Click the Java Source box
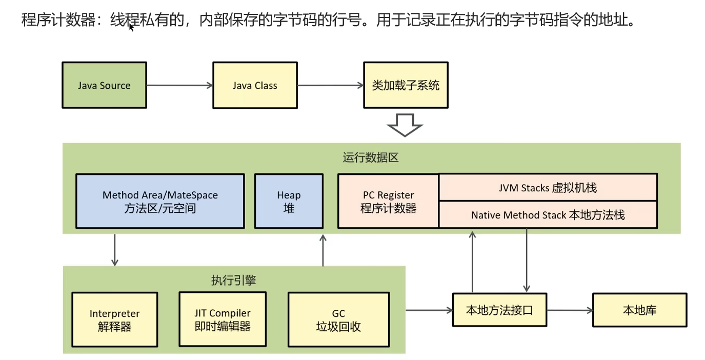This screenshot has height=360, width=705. [104, 85]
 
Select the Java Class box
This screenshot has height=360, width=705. [255, 85]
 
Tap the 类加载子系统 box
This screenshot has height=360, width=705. [406, 85]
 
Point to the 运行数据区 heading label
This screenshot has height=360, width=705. [371, 157]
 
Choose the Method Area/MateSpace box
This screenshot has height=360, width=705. [160, 201]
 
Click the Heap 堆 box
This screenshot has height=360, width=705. [289, 201]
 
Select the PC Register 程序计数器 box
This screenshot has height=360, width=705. [388, 201]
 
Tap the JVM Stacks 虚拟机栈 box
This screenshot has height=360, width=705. [548, 187]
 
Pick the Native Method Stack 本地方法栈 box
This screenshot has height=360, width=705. [548, 214]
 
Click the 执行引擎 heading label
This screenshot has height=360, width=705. [233, 280]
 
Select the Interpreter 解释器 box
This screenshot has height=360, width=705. [114, 319]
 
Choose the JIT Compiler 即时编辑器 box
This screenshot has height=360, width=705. [223, 319]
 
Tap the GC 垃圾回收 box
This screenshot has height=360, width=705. [338, 319]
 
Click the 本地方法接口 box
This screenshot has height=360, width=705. [499, 310]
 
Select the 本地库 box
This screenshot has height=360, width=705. [639, 310]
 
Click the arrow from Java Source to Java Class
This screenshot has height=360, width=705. [180, 85]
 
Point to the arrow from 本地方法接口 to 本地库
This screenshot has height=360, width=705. [570, 310]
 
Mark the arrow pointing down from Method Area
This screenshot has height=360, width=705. [115, 250]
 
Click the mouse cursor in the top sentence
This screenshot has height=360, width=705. [131, 27]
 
